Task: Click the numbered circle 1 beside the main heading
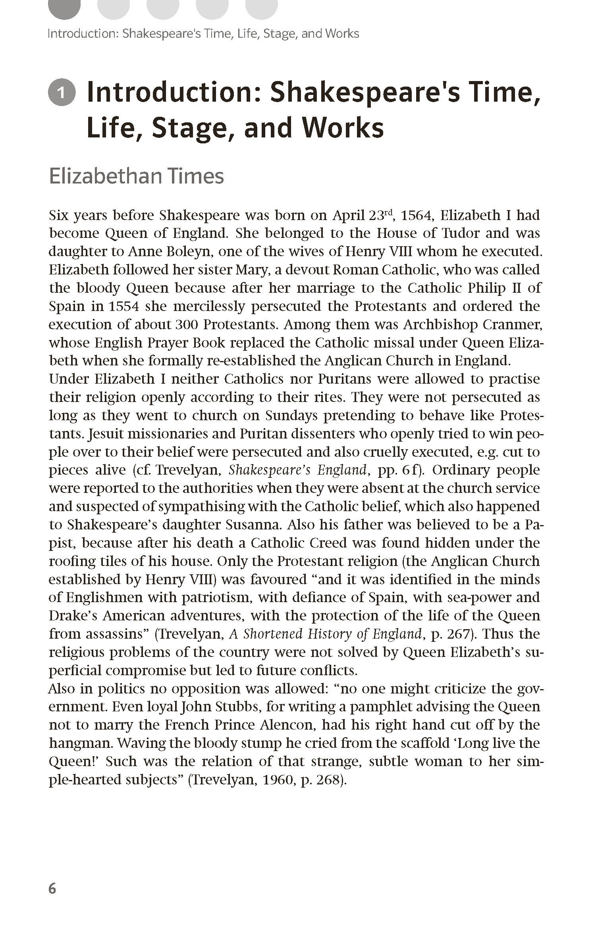(62, 93)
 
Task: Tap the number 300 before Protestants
(186, 324)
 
